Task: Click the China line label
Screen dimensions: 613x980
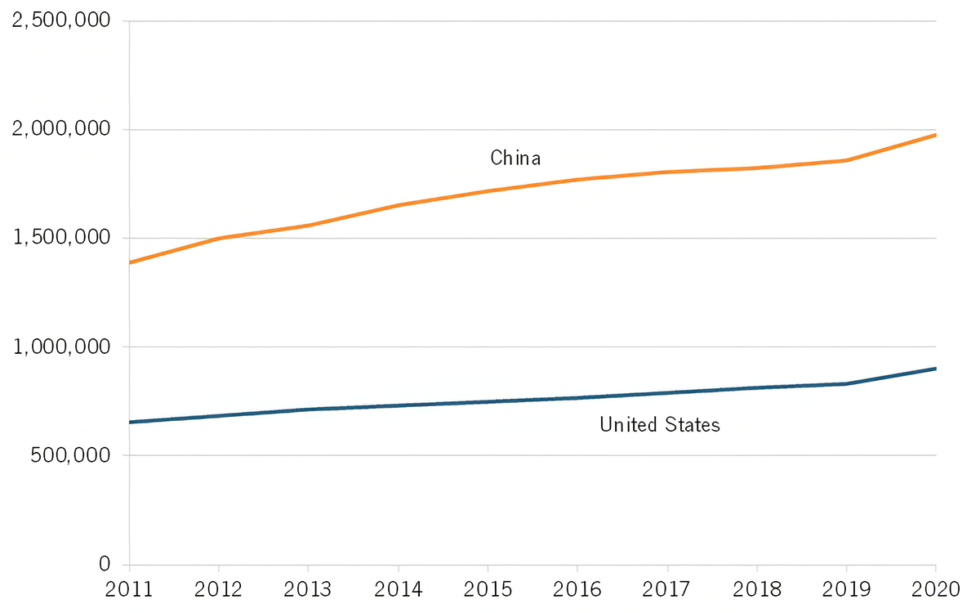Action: tap(515, 158)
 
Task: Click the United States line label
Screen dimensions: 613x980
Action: tap(659, 425)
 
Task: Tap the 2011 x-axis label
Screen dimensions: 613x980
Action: tap(129, 588)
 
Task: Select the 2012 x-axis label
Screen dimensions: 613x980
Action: tap(219, 588)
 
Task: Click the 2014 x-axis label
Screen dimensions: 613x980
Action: tap(398, 588)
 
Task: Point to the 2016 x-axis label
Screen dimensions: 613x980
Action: tap(577, 588)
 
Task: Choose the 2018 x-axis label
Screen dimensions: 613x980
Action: tap(756, 588)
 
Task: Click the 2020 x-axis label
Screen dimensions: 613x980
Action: tap(935, 588)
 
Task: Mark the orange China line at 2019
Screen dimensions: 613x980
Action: tap(846, 160)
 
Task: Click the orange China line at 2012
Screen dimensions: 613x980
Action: tap(219, 238)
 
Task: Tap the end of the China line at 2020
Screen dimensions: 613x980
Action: tap(935, 135)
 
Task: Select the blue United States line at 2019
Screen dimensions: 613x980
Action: tap(846, 383)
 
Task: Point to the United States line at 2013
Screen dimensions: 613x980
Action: tap(309, 409)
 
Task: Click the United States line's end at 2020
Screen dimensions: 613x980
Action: tap(935, 369)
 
